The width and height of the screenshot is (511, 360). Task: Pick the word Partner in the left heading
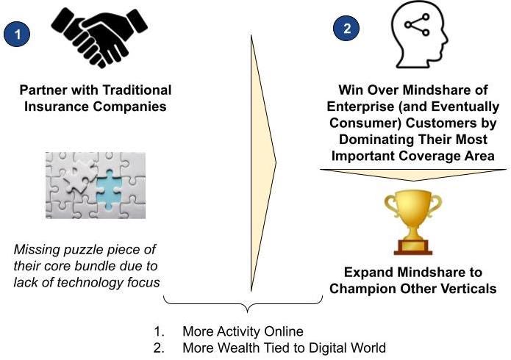[x=44, y=90]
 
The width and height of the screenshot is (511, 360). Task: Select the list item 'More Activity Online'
[x=243, y=331]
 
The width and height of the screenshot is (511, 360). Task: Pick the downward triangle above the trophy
[x=412, y=174]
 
